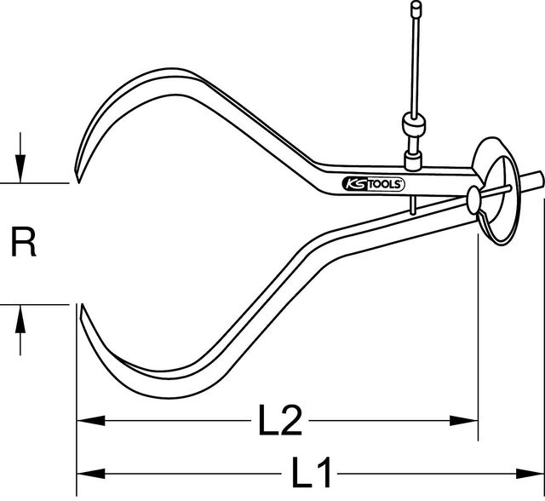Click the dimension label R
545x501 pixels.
tap(23, 245)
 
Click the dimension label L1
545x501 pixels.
tap(313, 471)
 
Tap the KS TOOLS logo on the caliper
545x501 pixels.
tap(372, 184)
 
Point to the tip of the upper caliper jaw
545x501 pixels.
tap(76, 181)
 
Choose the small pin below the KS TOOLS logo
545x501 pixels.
tap(410, 204)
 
